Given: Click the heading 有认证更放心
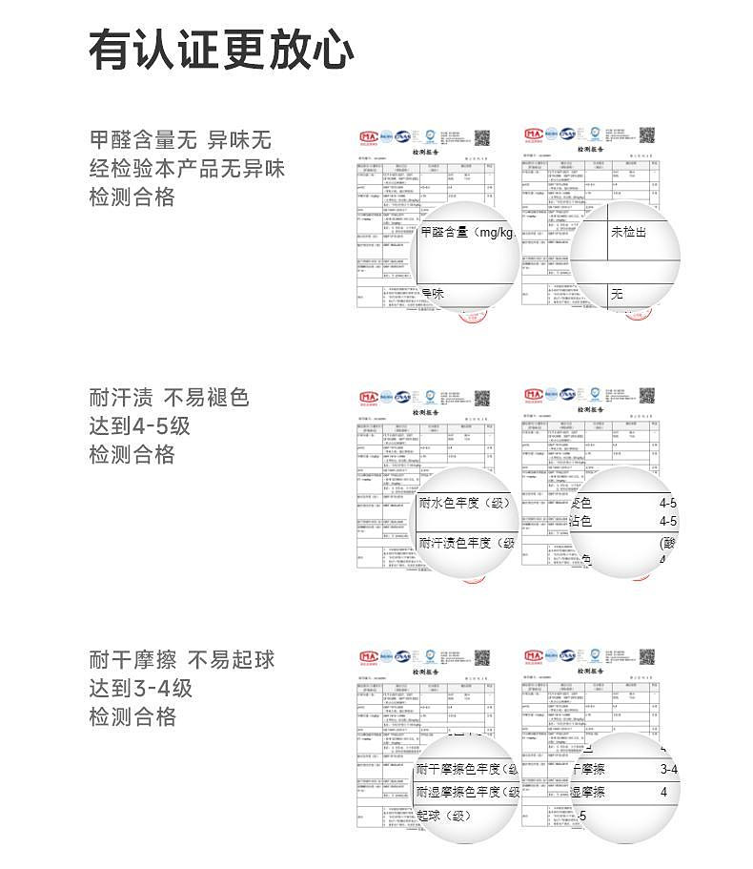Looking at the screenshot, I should [x=221, y=50].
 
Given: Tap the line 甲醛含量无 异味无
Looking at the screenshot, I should [x=180, y=140].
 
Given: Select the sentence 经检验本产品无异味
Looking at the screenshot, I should [x=187, y=169].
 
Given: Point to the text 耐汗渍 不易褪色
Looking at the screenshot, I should [x=169, y=397].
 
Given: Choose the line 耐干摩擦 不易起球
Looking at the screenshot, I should [x=182, y=659].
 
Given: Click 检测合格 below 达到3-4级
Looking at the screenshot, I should [x=132, y=716].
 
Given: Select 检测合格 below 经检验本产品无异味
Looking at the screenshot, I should [x=132, y=197].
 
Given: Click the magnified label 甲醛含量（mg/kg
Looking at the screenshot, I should [x=468, y=233].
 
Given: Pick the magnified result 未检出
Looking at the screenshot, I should [x=628, y=232].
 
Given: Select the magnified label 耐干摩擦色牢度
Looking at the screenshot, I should [x=466, y=770].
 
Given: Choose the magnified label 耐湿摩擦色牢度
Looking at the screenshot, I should [x=466, y=793].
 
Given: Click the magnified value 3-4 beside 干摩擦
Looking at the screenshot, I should [x=668, y=770].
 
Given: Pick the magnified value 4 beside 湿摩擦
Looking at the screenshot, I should [x=663, y=793].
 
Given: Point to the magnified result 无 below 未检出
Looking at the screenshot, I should [x=617, y=294].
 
